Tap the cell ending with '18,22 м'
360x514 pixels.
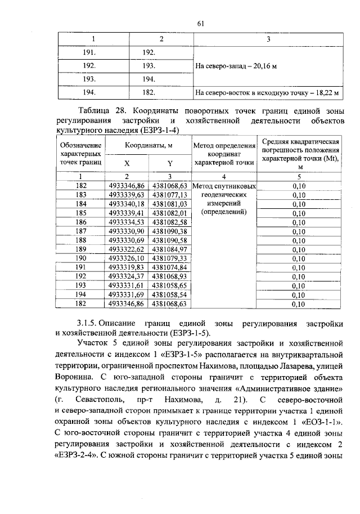pos(268,92)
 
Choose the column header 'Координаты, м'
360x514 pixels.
pos(148,146)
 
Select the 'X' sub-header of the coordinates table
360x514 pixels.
pos(127,164)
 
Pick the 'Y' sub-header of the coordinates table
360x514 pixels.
pos(169,164)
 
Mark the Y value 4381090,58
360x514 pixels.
pos(169,240)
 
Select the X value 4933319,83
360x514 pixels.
pos(127,267)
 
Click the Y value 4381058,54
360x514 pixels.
pos(169,294)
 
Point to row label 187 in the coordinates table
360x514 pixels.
pos(81,231)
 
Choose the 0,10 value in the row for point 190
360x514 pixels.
pos(299,258)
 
